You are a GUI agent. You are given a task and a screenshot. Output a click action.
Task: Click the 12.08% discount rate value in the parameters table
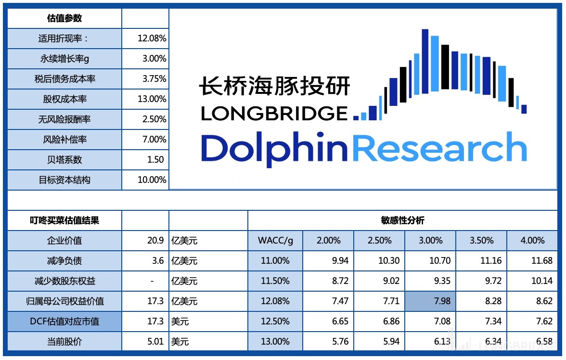[x=152, y=39]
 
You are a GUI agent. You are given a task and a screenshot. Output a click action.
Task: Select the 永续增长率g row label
[x=64, y=59]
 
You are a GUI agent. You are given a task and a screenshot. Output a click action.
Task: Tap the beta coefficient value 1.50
[x=155, y=160]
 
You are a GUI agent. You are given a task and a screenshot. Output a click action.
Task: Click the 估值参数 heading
[x=64, y=18]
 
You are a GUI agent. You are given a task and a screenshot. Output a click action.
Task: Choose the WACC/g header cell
[x=275, y=241]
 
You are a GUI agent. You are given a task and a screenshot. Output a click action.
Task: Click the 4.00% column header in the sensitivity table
[x=532, y=241]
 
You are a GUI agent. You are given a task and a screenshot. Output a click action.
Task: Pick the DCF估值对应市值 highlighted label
[x=64, y=321]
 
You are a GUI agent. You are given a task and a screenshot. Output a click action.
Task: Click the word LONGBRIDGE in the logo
[x=274, y=114]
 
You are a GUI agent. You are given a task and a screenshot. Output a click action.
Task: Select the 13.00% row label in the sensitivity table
[x=275, y=342]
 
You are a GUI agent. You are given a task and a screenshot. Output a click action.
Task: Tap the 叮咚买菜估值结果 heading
[x=64, y=220]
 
